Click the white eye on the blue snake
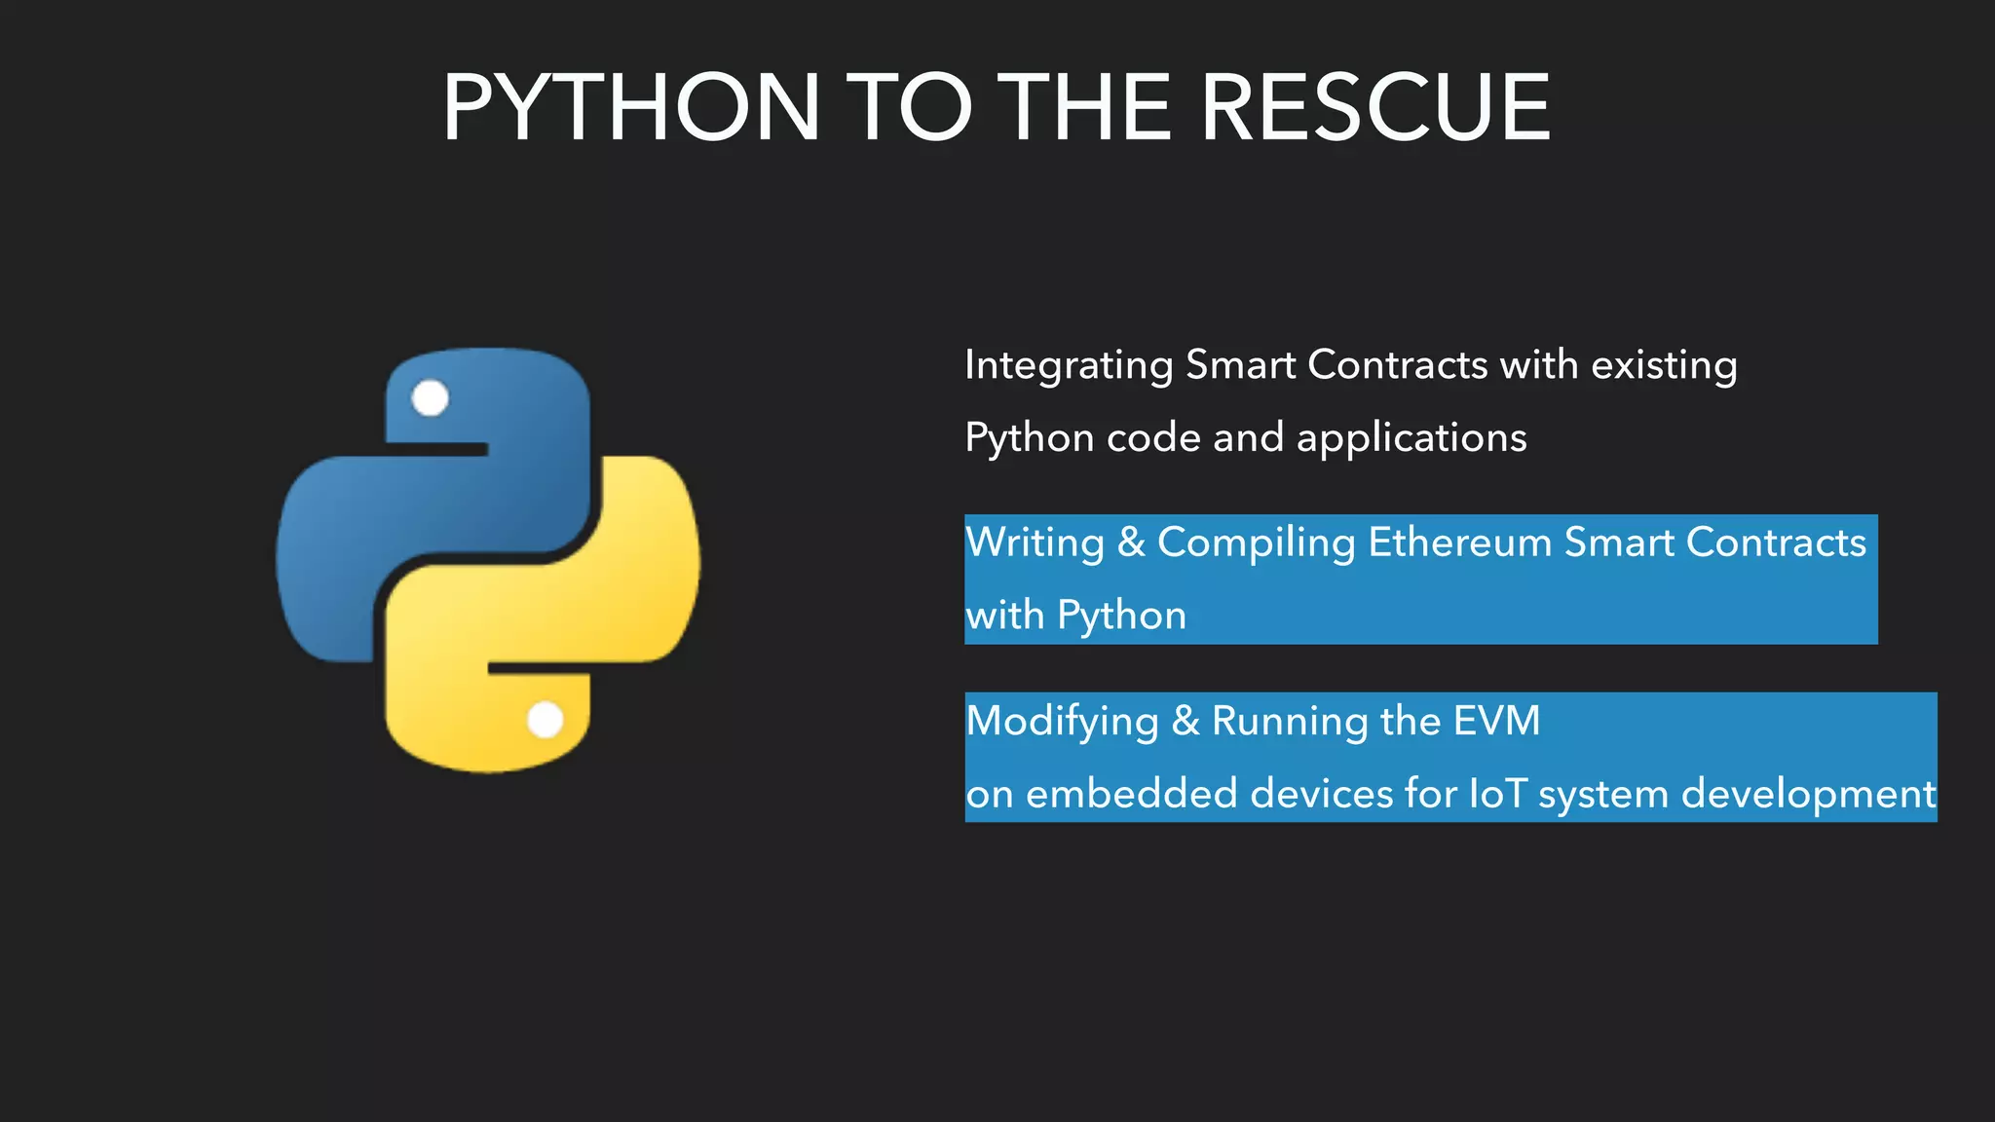pos(430,397)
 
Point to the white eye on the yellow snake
pos(546,721)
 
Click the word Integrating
pos(1069,366)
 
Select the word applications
pos(1412,438)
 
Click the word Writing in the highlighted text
pos(1035,543)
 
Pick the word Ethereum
pos(1459,542)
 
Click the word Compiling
pos(1256,543)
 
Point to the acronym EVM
pos(1496,721)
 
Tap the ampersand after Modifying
pos(1185,722)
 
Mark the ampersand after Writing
pos(1131,542)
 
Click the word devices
pos(1321,794)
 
